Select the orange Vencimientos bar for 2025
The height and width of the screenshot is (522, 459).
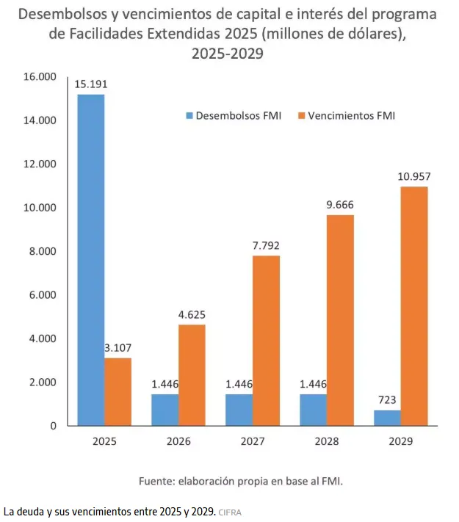tap(118, 391)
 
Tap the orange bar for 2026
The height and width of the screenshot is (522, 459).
tap(192, 375)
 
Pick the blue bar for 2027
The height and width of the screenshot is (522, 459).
tap(239, 410)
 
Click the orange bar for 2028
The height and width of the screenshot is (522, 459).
tap(340, 320)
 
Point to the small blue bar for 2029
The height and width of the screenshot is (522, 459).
tap(386, 418)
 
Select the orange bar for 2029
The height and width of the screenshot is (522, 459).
tap(414, 306)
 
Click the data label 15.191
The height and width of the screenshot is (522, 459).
tap(90, 84)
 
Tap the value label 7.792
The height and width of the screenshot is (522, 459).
tap(266, 245)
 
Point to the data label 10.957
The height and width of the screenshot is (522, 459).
tap(413, 176)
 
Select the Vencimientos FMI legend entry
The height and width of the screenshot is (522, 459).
tap(346, 115)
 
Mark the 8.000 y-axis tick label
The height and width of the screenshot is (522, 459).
tap(42, 251)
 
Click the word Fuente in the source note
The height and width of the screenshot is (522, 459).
tap(156, 482)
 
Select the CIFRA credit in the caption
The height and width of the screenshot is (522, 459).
tap(230, 511)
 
